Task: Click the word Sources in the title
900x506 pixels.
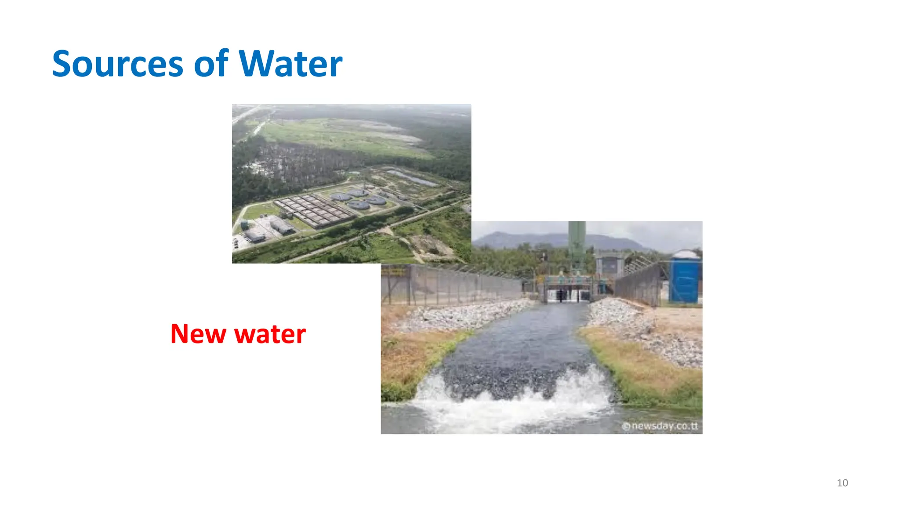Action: coord(117,64)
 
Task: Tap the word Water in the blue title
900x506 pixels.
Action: coord(290,64)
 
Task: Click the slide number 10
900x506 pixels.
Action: coord(842,483)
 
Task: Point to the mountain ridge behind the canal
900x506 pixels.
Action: coord(549,239)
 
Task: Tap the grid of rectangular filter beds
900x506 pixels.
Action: coord(314,210)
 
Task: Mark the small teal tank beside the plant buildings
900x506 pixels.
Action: coord(244,225)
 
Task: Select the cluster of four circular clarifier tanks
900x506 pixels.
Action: coord(358,199)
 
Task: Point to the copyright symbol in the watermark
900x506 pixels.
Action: coord(627,426)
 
